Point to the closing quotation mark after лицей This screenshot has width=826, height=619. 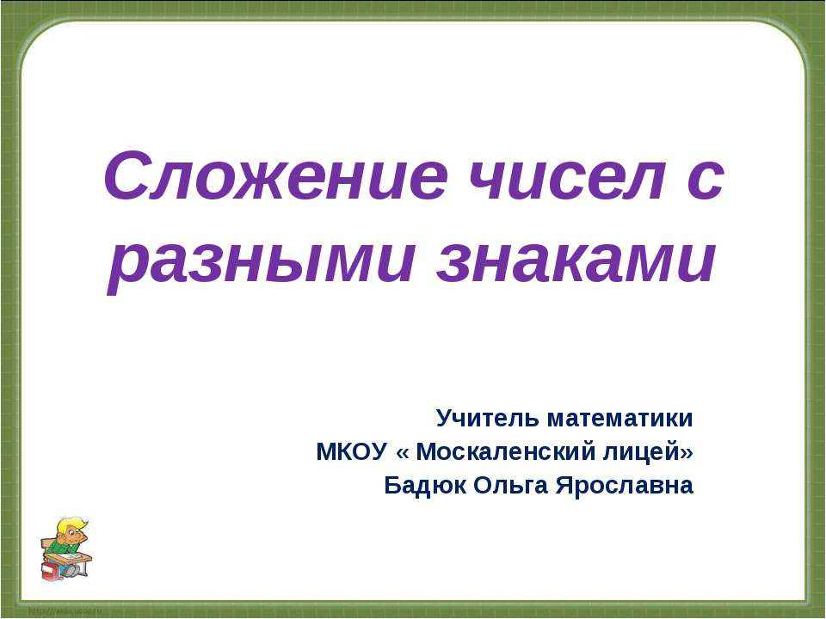click(687, 452)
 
